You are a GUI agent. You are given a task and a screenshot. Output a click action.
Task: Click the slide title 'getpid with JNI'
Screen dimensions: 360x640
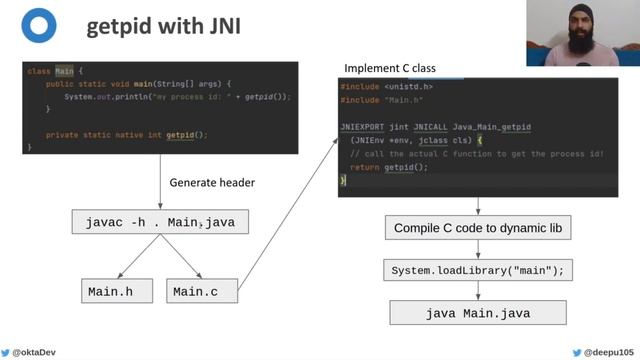163,27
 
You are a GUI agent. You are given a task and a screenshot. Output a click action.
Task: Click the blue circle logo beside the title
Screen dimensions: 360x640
38,26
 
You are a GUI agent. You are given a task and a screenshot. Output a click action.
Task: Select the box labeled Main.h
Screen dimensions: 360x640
118,292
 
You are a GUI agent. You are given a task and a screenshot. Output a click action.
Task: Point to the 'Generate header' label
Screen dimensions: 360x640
212,183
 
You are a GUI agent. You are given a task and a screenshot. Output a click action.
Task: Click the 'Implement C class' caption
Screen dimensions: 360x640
389,68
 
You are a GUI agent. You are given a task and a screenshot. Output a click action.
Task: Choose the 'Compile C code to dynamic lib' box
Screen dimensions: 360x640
477,229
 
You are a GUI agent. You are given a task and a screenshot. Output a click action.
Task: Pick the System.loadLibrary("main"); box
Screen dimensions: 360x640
477,270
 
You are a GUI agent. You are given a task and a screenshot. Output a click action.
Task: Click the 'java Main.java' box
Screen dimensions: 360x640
477,313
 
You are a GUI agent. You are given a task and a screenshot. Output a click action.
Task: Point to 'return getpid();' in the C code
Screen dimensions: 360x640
389,167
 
